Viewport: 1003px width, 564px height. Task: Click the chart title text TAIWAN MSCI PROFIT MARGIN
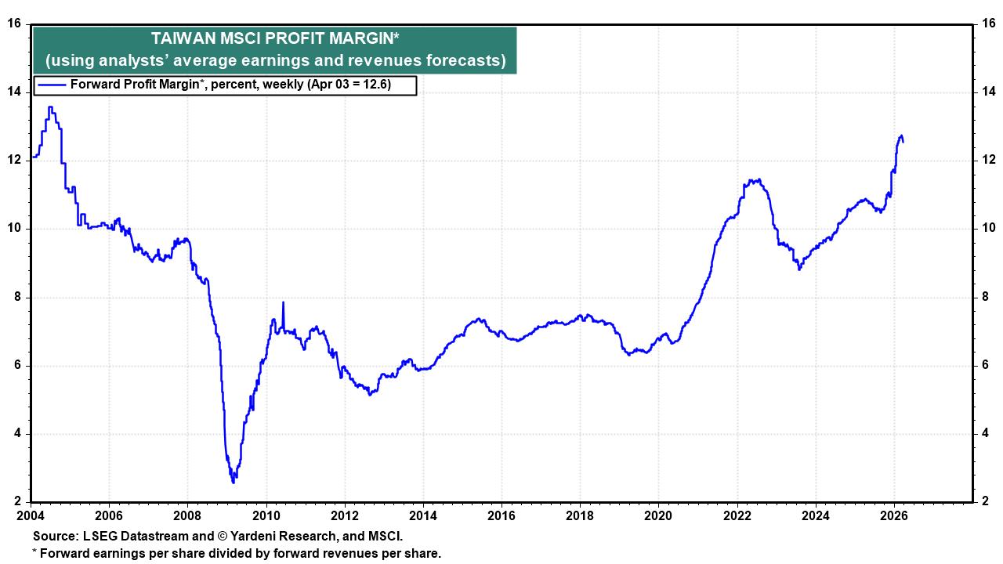coord(275,38)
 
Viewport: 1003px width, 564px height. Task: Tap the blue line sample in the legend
coord(52,85)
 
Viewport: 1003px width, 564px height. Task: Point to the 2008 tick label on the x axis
coord(187,515)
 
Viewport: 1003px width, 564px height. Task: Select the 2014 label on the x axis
coord(423,515)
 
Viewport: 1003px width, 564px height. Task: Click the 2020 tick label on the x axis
coord(658,515)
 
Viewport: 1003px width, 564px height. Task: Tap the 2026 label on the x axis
coord(894,515)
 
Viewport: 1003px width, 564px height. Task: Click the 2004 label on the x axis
coord(31,515)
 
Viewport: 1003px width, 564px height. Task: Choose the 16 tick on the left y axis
coord(13,23)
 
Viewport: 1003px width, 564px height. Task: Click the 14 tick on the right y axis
coord(989,92)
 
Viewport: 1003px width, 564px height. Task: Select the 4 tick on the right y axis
coord(986,434)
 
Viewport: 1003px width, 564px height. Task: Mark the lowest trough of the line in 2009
coord(233,482)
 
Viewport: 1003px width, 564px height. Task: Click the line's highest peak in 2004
coord(50,107)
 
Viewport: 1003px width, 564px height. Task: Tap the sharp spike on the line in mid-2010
coord(283,302)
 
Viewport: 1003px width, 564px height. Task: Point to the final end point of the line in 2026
coord(903,142)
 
